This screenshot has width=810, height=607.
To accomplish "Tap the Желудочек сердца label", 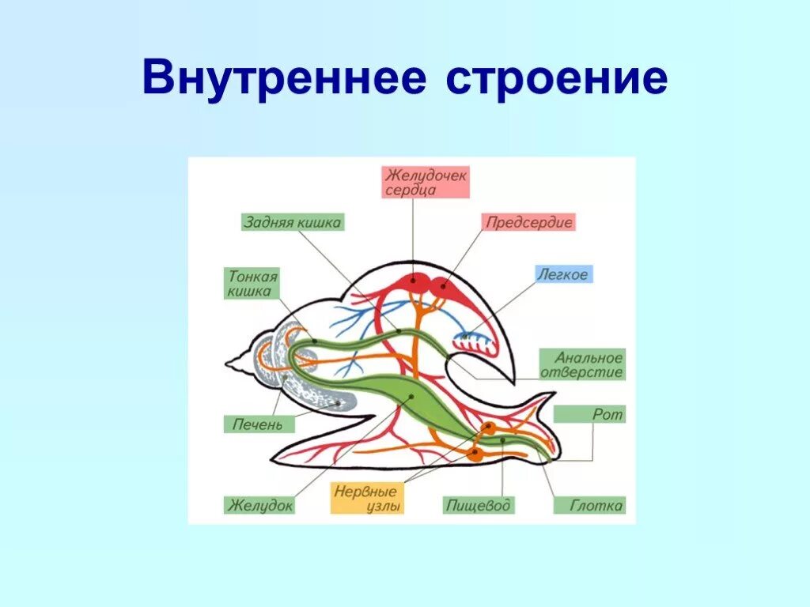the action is (426, 182).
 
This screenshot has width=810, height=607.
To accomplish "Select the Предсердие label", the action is (529, 222).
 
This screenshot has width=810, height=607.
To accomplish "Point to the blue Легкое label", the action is (562, 274).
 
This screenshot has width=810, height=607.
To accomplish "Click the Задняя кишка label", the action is (292, 222).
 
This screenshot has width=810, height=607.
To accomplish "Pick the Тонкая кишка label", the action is (252, 284).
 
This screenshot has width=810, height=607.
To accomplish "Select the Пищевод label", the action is (478, 505).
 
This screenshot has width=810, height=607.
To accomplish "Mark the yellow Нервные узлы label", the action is (367, 498).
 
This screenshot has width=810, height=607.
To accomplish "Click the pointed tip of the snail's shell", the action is (229, 364).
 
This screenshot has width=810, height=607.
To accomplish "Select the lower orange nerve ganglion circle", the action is (475, 454).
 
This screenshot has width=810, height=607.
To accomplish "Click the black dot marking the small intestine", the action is (315, 341).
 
